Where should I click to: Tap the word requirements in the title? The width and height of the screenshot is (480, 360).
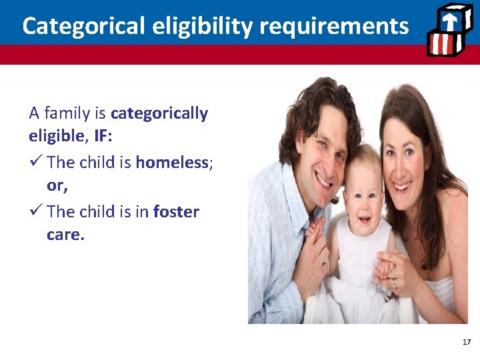point(334,26)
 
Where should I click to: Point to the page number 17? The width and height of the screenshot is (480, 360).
point(466,342)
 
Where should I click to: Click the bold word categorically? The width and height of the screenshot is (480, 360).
point(159,113)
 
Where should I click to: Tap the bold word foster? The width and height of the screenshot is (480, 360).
point(176,212)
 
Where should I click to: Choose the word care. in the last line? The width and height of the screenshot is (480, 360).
point(66,235)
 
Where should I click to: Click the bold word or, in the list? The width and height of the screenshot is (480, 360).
point(57,187)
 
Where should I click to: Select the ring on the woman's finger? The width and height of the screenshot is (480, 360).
point(393,284)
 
